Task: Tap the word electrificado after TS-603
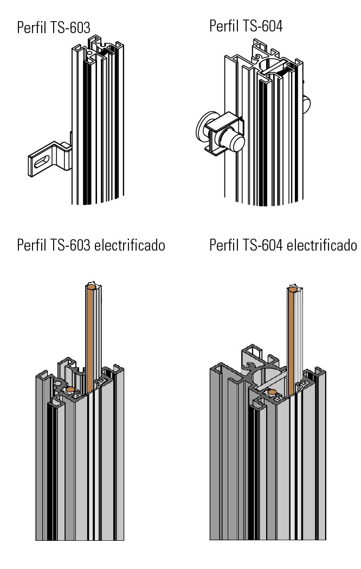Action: [x=130, y=245]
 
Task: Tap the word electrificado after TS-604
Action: [x=322, y=245]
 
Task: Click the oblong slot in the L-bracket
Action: [x=42, y=162]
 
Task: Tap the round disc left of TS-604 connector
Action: [x=203, y=127]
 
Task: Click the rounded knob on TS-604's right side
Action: [x=307, y=104]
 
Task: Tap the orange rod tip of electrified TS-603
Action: [x=92, y=287]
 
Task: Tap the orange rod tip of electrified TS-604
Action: [x=293, y=290]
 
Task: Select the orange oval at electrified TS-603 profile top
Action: [x=70, y=389]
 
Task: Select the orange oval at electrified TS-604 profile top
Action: [x=272, y=392]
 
